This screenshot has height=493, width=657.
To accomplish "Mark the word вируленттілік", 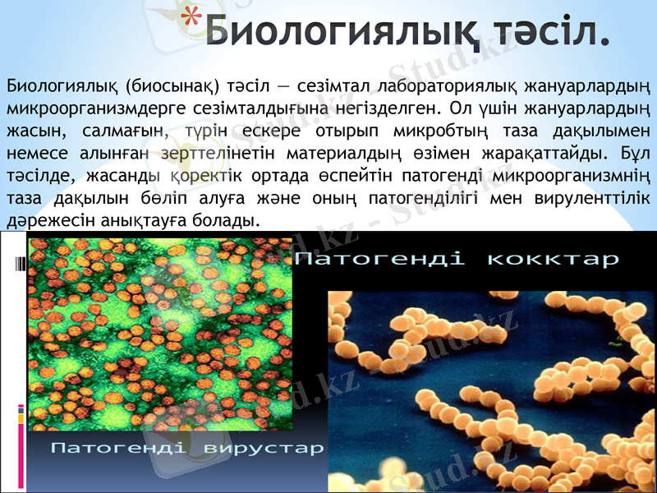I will coord(596,197).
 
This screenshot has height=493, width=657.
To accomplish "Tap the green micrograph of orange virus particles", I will coord(160,333).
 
